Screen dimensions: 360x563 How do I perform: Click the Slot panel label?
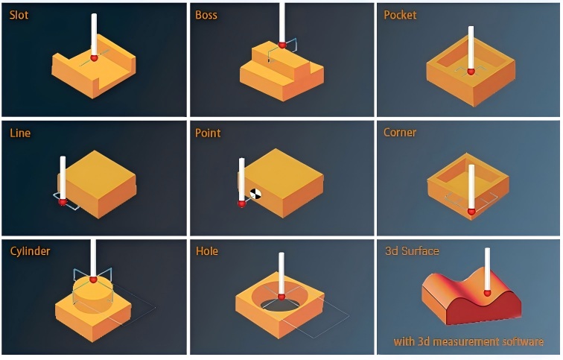19,15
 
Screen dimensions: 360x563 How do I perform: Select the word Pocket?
400,15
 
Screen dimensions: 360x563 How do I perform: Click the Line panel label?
20,133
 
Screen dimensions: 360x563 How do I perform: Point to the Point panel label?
208,133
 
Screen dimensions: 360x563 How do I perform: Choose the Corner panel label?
400,133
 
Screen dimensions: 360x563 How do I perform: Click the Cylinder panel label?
31,251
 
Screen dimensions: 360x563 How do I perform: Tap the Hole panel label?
207,251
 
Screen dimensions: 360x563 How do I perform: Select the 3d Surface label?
412,250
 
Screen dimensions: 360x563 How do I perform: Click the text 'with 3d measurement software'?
468,342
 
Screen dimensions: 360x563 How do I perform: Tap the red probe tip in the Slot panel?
94,57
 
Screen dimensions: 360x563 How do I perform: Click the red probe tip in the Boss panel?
281,45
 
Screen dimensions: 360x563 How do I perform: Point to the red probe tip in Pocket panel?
470,72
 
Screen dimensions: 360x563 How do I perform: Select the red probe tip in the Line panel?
63,200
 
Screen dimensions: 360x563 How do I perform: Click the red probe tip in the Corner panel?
471,212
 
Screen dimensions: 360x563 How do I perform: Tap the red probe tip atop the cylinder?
93,280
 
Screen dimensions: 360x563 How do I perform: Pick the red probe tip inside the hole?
281,296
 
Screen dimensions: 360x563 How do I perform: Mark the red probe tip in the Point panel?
241,202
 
